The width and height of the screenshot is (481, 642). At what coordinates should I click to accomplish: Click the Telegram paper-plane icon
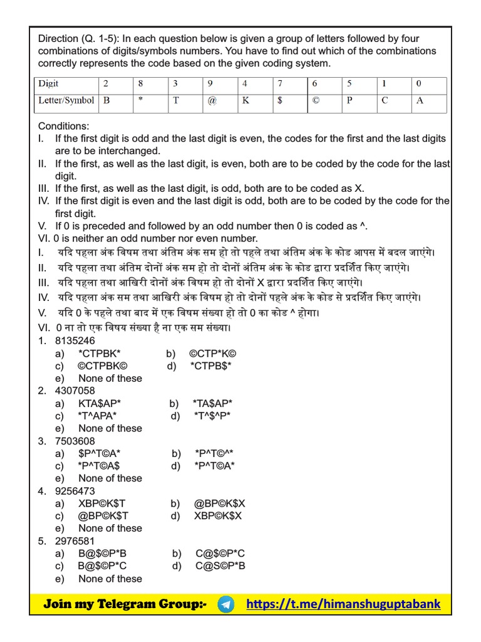click(227, 604)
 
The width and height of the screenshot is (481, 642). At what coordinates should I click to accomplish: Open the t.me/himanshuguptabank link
click(343, 604)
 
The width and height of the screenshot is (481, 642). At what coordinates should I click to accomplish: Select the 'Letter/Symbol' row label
click(66, 100)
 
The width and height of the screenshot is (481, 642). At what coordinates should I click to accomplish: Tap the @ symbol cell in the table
click(210, 100)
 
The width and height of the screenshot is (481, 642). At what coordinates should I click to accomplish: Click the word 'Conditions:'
click(64, 125)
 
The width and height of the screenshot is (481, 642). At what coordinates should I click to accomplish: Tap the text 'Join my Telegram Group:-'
click(125, 604)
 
